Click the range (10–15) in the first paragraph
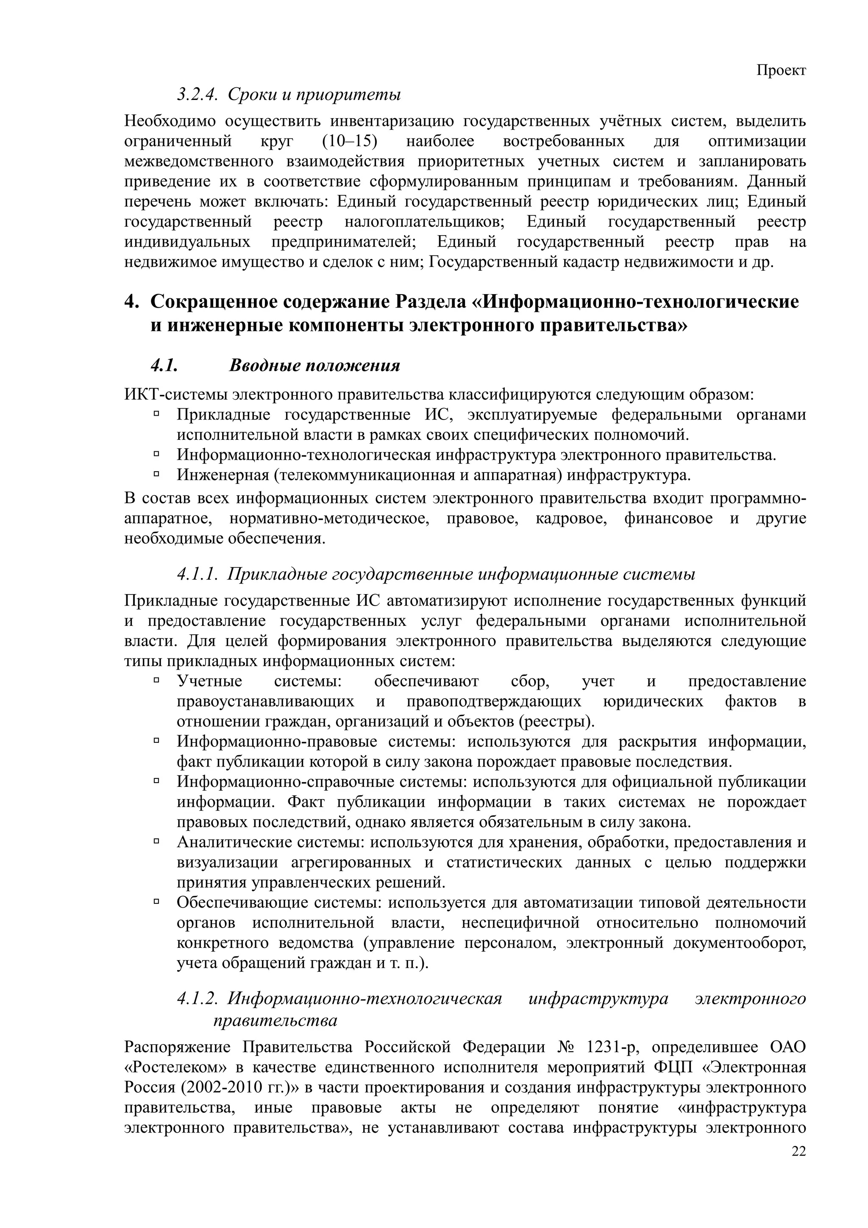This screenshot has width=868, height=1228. (x=351, y=142)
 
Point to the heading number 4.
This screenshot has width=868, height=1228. (x=131, y=302)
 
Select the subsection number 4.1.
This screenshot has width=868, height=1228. (x=164, y=366)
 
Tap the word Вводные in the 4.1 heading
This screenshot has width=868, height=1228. (x=263, y=366)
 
